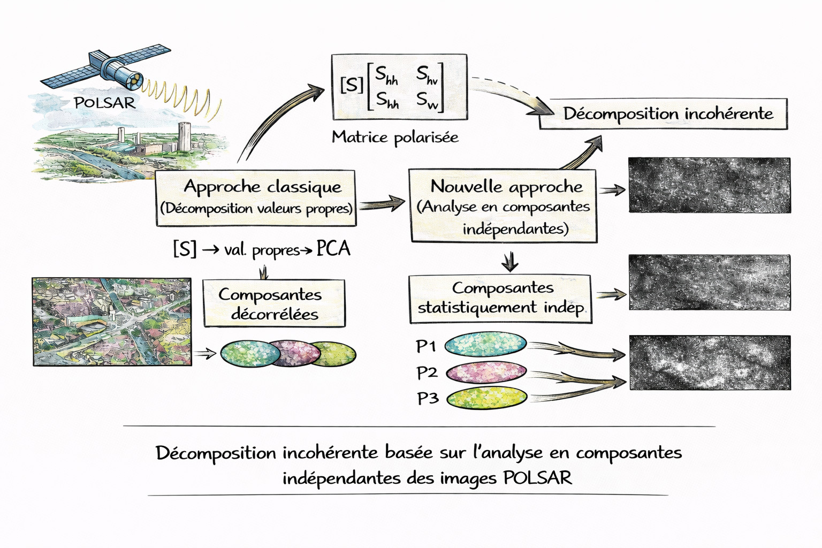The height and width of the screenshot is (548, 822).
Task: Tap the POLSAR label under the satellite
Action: [x=105, y=103]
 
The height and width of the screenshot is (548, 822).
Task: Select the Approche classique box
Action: [x=255, y=197]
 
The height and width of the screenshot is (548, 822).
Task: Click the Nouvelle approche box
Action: [x=503, y=206]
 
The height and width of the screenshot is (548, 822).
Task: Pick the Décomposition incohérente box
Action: [x=664, y=114]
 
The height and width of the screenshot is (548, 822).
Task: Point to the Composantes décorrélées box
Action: [x=274, y=303]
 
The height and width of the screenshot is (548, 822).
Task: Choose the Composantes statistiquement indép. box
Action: [x=500, y=299]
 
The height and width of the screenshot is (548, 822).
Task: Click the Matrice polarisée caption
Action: [x=395, y=138]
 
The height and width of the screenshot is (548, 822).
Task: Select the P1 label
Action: [x=426, y=347]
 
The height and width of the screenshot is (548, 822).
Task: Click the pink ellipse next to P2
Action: [x=486, y=372]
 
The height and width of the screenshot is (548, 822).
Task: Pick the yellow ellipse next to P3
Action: [x=486, y=398]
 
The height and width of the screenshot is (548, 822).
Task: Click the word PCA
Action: [x=333, y=249]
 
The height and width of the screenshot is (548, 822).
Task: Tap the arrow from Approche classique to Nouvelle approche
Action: [x=382, y=204]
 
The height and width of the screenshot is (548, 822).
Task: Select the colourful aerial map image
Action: [x=112, y=322]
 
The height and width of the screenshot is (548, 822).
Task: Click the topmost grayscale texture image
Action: [x=709, y=185]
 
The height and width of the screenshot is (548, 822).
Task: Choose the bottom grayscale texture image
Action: [x=709, y=362]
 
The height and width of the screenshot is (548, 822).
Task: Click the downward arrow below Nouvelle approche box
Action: [x=509, y=262]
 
